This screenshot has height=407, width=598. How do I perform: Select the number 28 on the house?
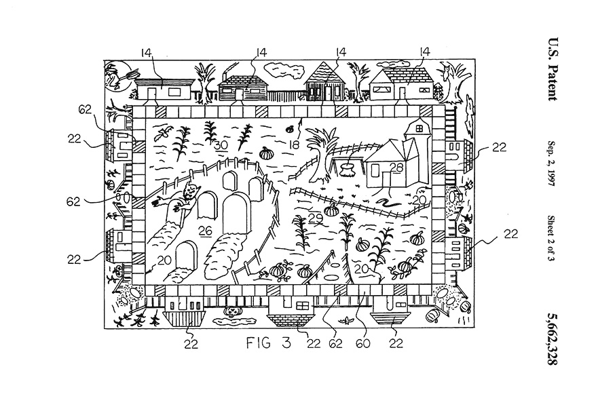point(377,167)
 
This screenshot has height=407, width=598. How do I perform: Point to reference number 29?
point(314,218)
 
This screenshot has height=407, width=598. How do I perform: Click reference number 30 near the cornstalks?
point(220,144)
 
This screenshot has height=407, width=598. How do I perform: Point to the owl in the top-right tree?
point(449,69)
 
